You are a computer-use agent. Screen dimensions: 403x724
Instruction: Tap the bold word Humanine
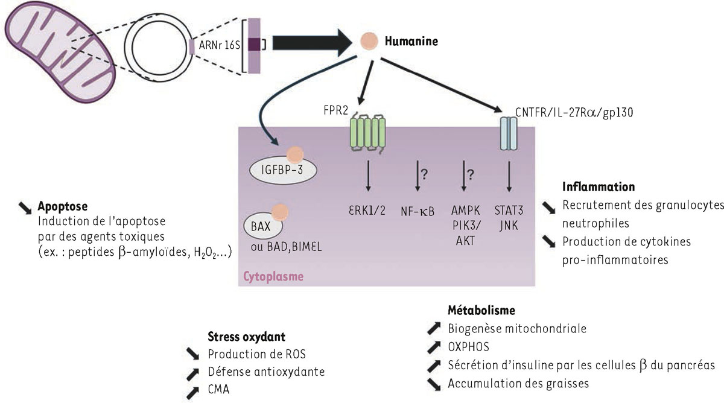411,42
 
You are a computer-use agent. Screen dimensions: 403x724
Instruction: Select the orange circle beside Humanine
368,42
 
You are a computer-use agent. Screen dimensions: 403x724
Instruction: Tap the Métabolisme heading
481,311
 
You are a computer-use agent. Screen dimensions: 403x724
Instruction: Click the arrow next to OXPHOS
433,347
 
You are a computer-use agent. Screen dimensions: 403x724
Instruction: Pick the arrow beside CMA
192,390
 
